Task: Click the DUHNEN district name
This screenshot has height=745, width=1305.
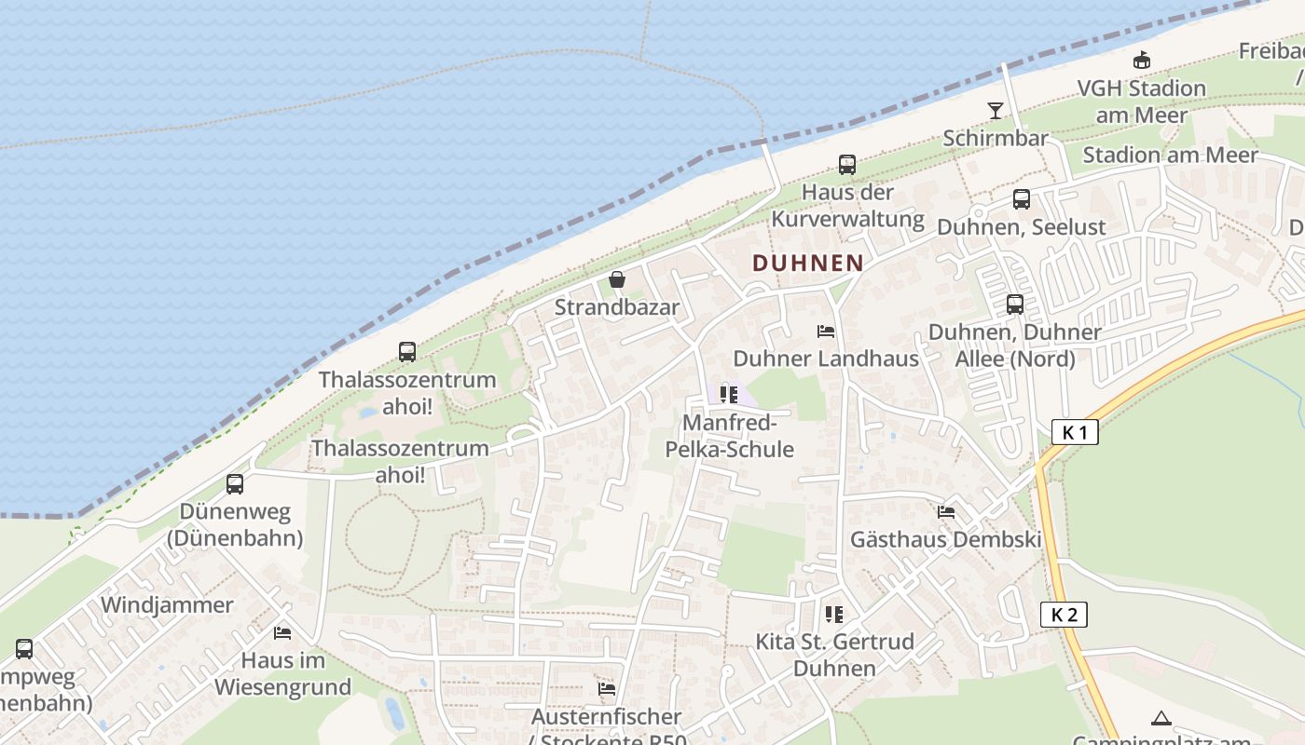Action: click(807, 263)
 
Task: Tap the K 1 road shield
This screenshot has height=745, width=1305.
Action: click(1075, 432)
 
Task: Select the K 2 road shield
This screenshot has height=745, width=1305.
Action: click(1064, 615)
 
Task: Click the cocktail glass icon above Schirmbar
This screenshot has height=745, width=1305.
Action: click(996, 111)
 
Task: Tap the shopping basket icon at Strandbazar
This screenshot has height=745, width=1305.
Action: click(616, 279)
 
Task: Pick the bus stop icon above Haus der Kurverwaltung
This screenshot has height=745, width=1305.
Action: click(846, 165)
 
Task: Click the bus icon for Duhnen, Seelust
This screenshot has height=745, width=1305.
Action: click(1022, 199)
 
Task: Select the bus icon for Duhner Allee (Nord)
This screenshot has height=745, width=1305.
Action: click(1014, 305)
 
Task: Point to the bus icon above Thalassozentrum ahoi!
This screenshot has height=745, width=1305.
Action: click(407, 352)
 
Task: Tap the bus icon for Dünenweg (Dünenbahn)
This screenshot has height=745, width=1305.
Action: click(235, 484)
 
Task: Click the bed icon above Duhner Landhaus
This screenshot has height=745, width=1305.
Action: click(825, 332)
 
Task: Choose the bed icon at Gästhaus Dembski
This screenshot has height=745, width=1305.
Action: click(946, 512)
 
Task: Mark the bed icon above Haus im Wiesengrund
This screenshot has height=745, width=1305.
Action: click(282, 633)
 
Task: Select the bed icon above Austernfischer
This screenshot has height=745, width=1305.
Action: click(607, 689)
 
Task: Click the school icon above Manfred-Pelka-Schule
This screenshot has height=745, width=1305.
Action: click(729, 395)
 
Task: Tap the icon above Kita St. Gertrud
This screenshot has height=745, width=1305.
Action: click(833, 614)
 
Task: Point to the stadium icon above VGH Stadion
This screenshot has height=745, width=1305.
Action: click(1141, 61)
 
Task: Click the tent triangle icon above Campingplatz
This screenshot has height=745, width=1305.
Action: click(1161, 718)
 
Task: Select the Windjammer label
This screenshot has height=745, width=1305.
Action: click(167, 605)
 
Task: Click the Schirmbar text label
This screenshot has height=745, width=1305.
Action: click(996, 139)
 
